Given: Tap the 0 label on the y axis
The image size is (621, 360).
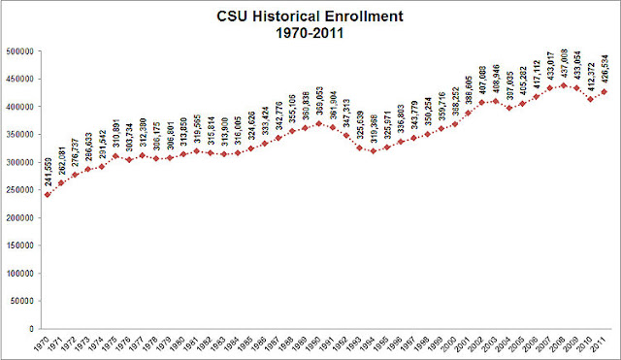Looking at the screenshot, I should click(32, 329).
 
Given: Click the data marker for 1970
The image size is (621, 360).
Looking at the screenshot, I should click(47, 194).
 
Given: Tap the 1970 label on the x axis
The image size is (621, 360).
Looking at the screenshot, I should click(43, 344).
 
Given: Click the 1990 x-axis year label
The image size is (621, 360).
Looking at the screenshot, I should click(316, 344).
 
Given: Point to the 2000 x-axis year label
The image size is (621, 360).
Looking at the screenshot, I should click(452, 344).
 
